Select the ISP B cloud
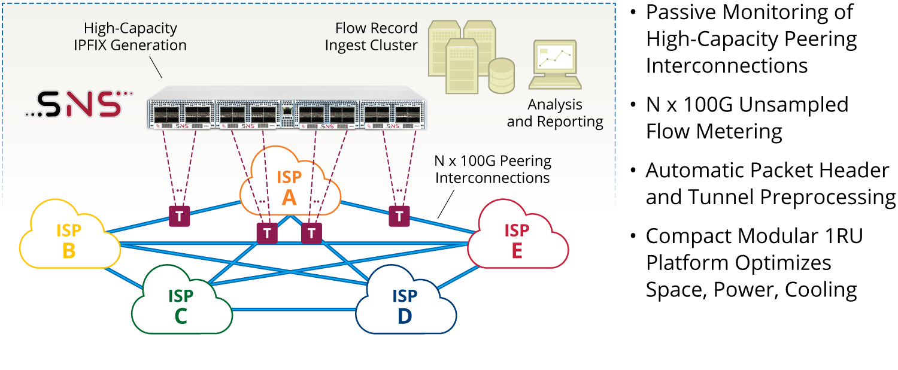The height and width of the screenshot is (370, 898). [x=69, y=240]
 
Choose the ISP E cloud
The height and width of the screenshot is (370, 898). [x=517, y=240]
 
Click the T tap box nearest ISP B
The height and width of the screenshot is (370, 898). [x=179, y=216]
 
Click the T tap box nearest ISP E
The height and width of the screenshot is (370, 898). [x=399, y=216]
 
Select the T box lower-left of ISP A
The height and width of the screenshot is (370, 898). [x=267, y=233]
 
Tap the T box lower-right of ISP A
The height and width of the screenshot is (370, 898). [x=311, y=233]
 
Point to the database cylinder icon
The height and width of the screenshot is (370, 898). [x=501, y=75]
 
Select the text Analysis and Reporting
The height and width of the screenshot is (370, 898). [x=554, y=113]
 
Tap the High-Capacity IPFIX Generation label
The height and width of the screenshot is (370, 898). [x=135, y=37]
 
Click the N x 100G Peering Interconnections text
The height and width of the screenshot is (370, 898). [x=493, y=169]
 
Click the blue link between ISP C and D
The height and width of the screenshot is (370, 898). [x=293, y=310]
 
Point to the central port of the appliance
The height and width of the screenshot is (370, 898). [x=288, y=112]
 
